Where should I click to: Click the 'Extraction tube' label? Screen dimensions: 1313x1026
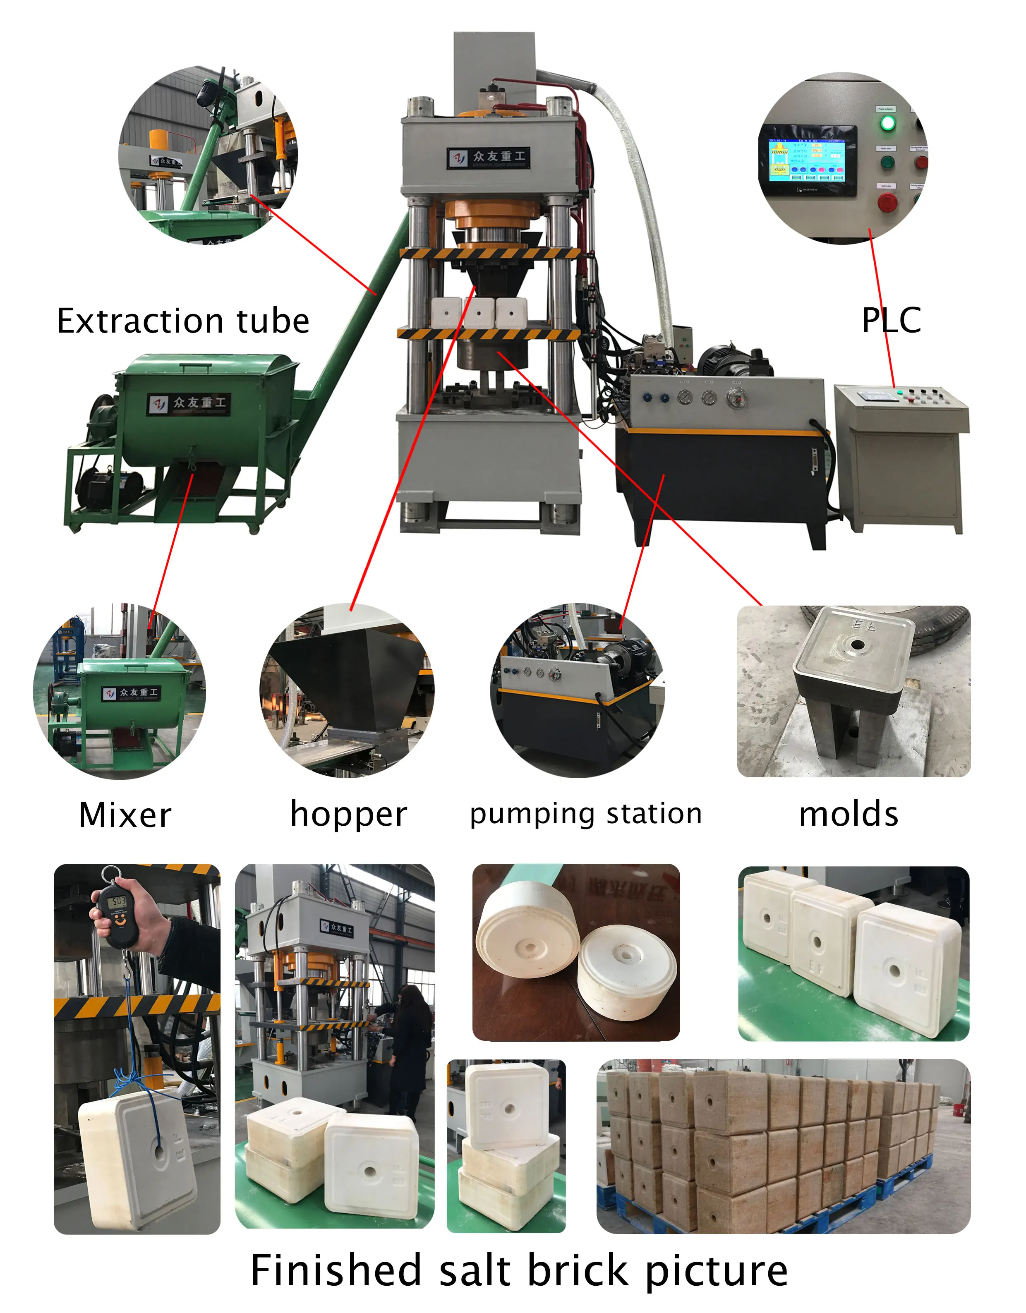183,321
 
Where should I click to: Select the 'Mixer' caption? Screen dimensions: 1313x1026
125,815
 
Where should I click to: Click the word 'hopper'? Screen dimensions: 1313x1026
348,814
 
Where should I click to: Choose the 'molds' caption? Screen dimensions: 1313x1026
848,814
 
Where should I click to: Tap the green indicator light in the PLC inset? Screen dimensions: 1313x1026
887,124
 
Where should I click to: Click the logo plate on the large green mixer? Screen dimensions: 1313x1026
188,403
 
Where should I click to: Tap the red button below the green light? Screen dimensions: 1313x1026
887,203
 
